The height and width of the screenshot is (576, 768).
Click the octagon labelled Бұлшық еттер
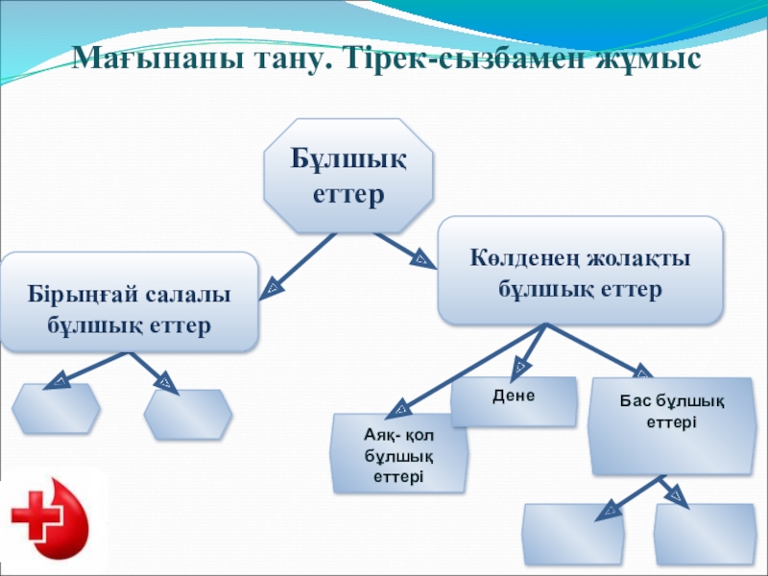coord(348,176)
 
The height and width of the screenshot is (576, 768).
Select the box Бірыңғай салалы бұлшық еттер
coord(129,300)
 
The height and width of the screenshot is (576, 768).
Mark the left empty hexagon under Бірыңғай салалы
coord(57,409)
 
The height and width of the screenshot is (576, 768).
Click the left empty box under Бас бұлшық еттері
coord(572,537)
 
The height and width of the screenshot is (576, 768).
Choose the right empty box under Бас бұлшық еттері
coord(699,537)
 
